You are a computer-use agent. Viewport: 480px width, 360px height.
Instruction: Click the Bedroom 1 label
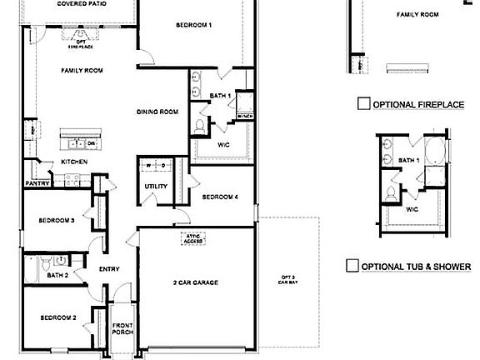pyautogui.click(x=193, y=26)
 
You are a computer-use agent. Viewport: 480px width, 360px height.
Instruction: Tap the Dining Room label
pyautogui.click(x=157, y=112)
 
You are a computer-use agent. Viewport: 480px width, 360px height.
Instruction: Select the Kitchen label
pyautogui.click(x=74, y=162)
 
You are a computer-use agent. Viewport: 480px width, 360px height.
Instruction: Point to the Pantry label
pyautogui.click(x=37, y=182)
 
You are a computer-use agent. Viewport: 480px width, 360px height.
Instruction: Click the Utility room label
pyautogui.click(x=156, y=186)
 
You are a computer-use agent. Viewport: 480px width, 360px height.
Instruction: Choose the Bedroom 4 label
pyautogui.click(x=220, y=197)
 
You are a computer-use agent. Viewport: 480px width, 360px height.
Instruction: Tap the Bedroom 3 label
pyautogui.click(x=57, y=221)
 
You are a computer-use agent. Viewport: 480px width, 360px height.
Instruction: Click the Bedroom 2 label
pyautogui.click(x=57, y=317)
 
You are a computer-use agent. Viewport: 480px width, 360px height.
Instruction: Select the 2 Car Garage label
pyautogui.click(x=195, y=282)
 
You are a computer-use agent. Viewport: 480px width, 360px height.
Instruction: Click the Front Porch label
pyautogui.click(x=122, y=328)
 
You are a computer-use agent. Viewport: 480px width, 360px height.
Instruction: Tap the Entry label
pyautogui.click(x=108, y=269)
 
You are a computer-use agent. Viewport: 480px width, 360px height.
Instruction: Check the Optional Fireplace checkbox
pyautogui.click(x=363, y=104)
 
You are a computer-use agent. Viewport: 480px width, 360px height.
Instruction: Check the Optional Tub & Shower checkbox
pyautogui.click(x=352, y=266)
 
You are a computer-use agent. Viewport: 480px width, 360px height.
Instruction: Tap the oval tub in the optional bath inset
pyautogui.click(x=435, y=153)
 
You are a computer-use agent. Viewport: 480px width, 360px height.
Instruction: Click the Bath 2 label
pyautogui.click(x=57, y=275)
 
